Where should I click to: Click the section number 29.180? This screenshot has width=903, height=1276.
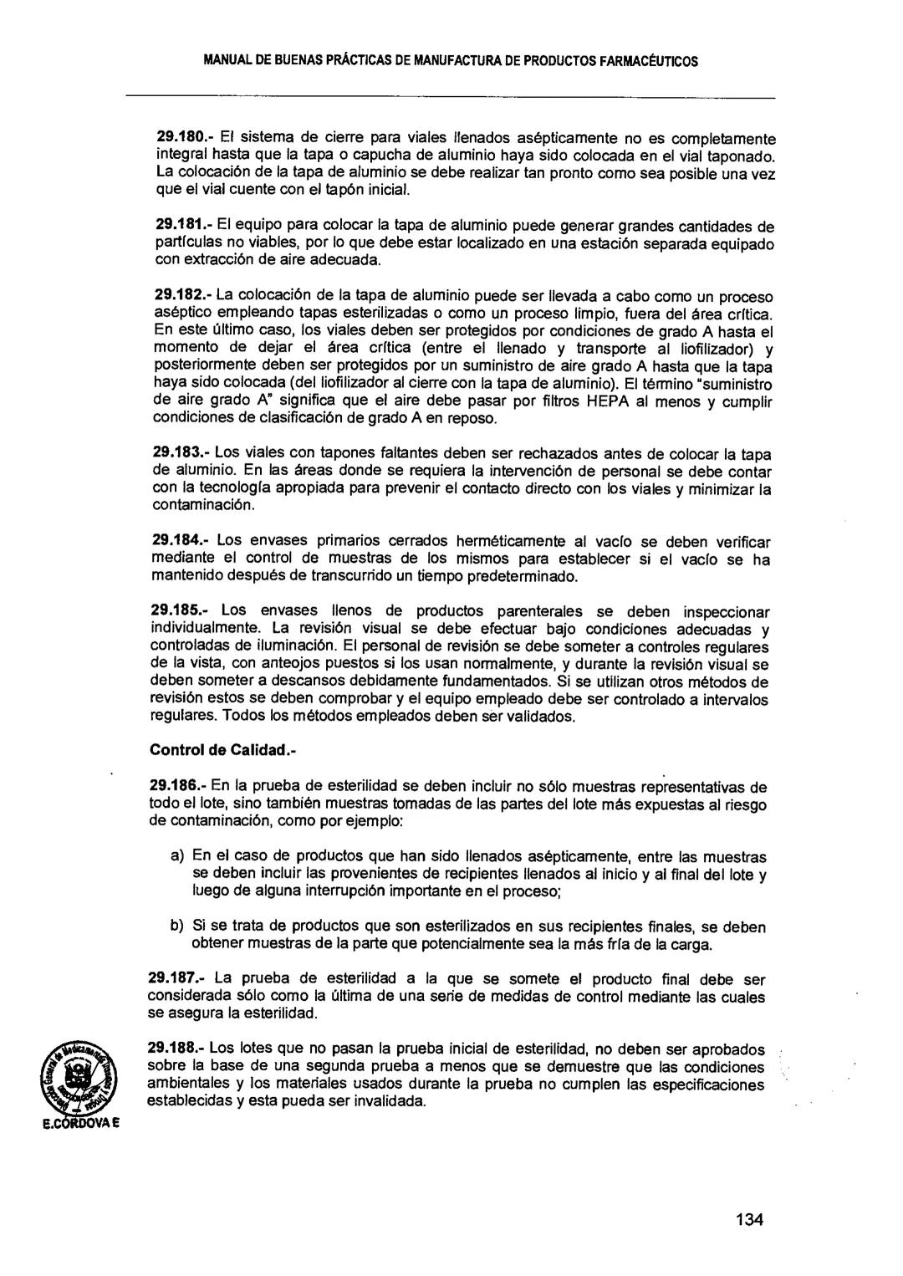(x=176, y=137)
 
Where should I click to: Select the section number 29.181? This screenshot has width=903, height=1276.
(x=176, y=226)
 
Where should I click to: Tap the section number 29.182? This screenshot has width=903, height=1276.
(x=176, y=296)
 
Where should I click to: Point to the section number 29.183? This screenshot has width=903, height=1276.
(x=176, y=454)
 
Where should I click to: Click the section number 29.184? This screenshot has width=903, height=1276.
(x=176, y=542)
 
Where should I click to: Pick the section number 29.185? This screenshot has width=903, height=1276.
(x=176, y=611)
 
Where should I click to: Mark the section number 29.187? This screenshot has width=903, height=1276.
(x=173, y=978)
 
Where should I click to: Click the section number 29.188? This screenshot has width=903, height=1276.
(x=173, y=1049)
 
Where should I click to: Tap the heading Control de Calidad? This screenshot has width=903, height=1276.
(x=223, y=750)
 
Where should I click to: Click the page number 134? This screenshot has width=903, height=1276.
(x=749, y=1218)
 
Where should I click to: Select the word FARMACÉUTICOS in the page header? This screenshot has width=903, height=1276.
(x=645, y=61)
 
